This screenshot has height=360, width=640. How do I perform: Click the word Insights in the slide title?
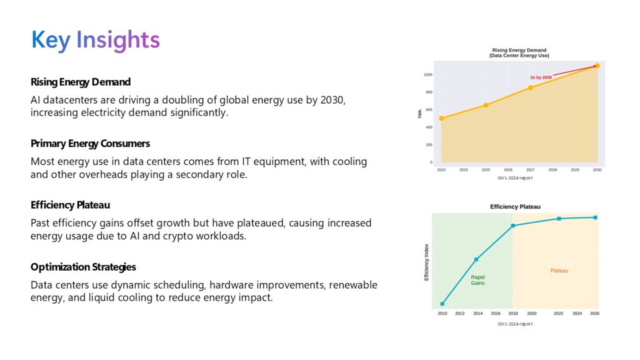click(x=118, y=39)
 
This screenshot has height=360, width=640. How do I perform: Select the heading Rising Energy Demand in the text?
click(x=81, y=82)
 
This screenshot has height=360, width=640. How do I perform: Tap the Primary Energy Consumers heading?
click(x=90, y=143)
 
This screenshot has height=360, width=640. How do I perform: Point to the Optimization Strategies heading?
click(x=83, y=267)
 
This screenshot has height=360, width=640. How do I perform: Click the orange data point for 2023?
click(x=441, y=118)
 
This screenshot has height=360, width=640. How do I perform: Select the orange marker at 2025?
click(x=486, y=105)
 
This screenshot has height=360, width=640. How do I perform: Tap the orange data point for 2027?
click(x=531, y=87)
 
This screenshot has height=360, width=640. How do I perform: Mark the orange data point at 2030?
click(x=597, y=66)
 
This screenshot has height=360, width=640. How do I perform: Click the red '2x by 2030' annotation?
click(x=541, y=77)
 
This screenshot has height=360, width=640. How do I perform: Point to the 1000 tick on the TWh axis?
click(x=427, y=74)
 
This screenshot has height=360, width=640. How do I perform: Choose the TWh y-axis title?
click(x=420, y=114)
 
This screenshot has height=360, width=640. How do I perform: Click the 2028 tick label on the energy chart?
click(x=552, y=169)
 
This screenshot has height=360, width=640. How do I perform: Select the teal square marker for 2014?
click(x=477, y=259)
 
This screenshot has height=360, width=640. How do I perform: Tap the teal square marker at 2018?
click(x=512, y=226)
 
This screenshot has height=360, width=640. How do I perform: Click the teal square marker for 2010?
click(x=442, y=304)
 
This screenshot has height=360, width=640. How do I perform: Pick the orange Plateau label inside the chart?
click(x=559, y=271)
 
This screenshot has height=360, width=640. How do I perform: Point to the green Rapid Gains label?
click(x=477, y=280)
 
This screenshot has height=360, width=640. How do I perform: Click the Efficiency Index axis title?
click(x=427, y=262)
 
